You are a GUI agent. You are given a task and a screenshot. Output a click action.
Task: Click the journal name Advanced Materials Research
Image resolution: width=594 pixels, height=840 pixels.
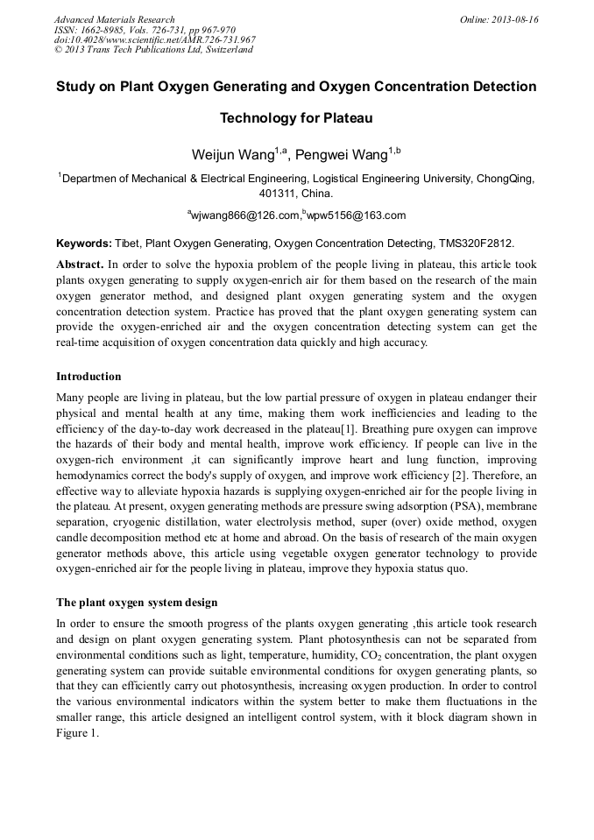(x=114, y=19)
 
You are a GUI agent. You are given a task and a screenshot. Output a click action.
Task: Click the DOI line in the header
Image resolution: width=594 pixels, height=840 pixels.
(x=155, y=39)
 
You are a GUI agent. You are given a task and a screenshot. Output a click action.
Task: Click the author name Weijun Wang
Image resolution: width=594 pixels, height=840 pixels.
(x=231, y=155)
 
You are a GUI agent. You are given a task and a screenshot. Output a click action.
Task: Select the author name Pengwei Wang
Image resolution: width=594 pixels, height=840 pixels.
(x=341, y=155)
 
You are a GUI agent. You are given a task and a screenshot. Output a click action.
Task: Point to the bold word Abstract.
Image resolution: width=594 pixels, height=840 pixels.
(x=80, y=264)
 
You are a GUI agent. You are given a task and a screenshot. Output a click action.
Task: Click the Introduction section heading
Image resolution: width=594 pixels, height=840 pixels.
(x=88, y=377)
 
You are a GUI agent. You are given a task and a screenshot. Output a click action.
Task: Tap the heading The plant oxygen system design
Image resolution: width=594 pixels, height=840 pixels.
(x=137, y=603)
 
